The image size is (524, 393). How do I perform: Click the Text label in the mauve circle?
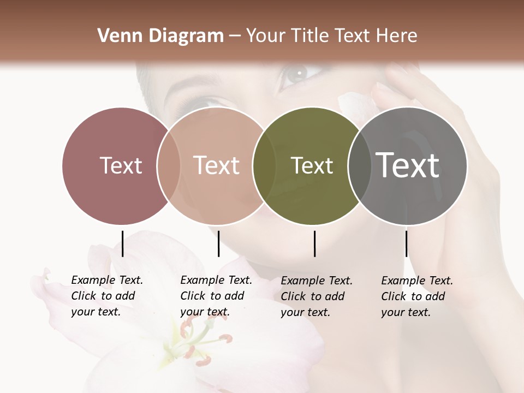click(121, 165)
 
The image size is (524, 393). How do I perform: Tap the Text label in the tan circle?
click(216, 165)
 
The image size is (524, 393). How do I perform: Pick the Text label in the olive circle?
click(312, 165)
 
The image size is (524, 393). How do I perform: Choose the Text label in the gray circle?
click(408, 165)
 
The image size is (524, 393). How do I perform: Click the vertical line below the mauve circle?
click(123, 243)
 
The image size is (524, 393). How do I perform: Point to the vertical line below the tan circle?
click(218, 243)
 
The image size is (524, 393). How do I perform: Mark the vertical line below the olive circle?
click(315, 243)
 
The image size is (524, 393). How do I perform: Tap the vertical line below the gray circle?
click(407, 243)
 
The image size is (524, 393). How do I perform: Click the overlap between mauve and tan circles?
click(168, 165)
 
